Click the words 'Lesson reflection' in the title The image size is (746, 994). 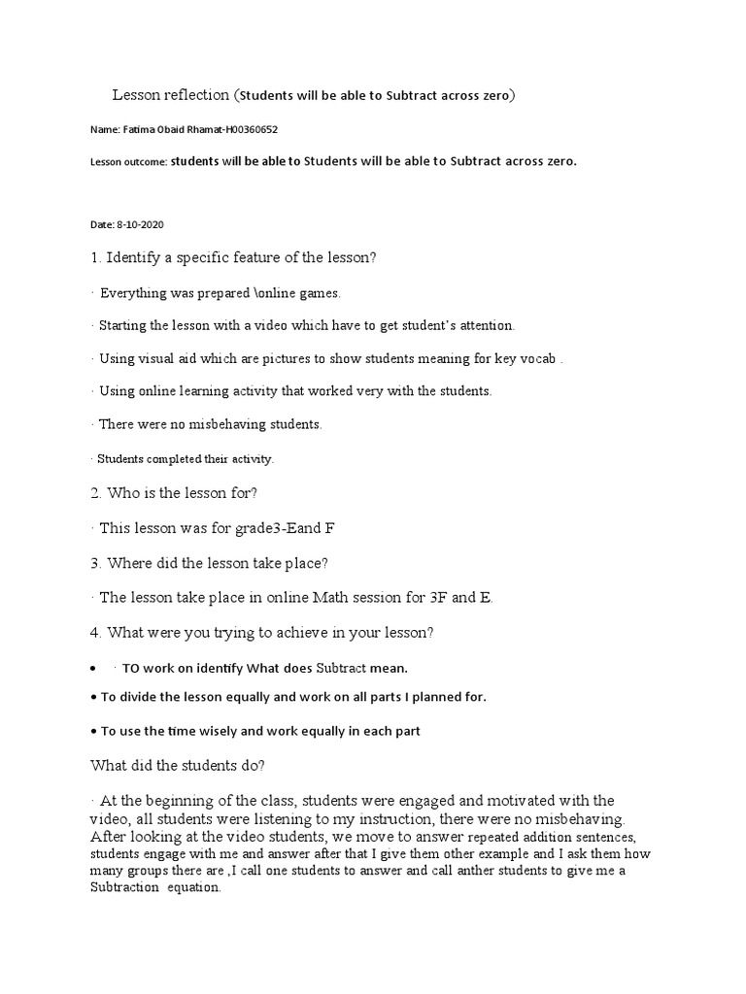(171, 95)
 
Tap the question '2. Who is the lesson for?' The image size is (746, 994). (173, 493)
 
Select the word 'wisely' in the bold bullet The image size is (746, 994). (228, 731)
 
